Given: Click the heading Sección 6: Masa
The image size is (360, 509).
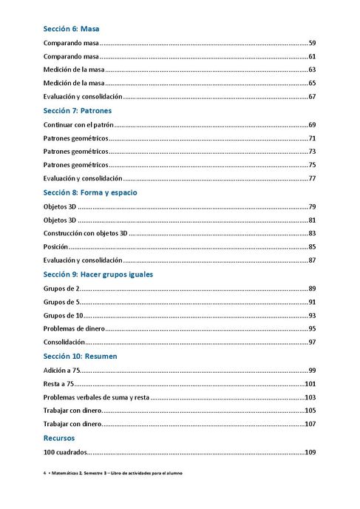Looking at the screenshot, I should coord(71,30).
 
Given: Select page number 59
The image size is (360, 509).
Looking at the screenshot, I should coord(312,44).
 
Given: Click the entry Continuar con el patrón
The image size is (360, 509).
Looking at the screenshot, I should coord(78,125).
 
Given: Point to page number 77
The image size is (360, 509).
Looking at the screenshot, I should coord(312,178).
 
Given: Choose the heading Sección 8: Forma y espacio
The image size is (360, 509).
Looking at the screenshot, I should coord(90,192).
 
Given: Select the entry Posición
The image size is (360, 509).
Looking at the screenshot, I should coord(55,246).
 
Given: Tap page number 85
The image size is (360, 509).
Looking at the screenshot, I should coord(312,246).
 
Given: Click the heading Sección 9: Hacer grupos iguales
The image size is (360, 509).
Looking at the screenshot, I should coord(98,274).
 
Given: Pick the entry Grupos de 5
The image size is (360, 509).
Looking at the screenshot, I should coord(61,302).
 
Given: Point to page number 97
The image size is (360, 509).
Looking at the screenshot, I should coord(312,343).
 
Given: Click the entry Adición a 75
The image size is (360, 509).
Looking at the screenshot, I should coord(61,370).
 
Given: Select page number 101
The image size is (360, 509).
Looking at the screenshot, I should coord(310,384).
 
